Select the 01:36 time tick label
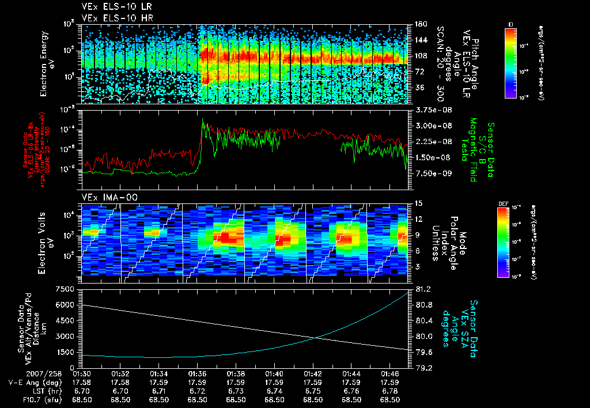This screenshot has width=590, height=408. (x=197, y=373)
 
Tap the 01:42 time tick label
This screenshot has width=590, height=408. (x=313, y=373)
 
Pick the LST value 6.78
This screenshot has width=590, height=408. (x=390, y=390)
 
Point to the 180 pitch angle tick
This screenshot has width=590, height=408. (x=420, y=24)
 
